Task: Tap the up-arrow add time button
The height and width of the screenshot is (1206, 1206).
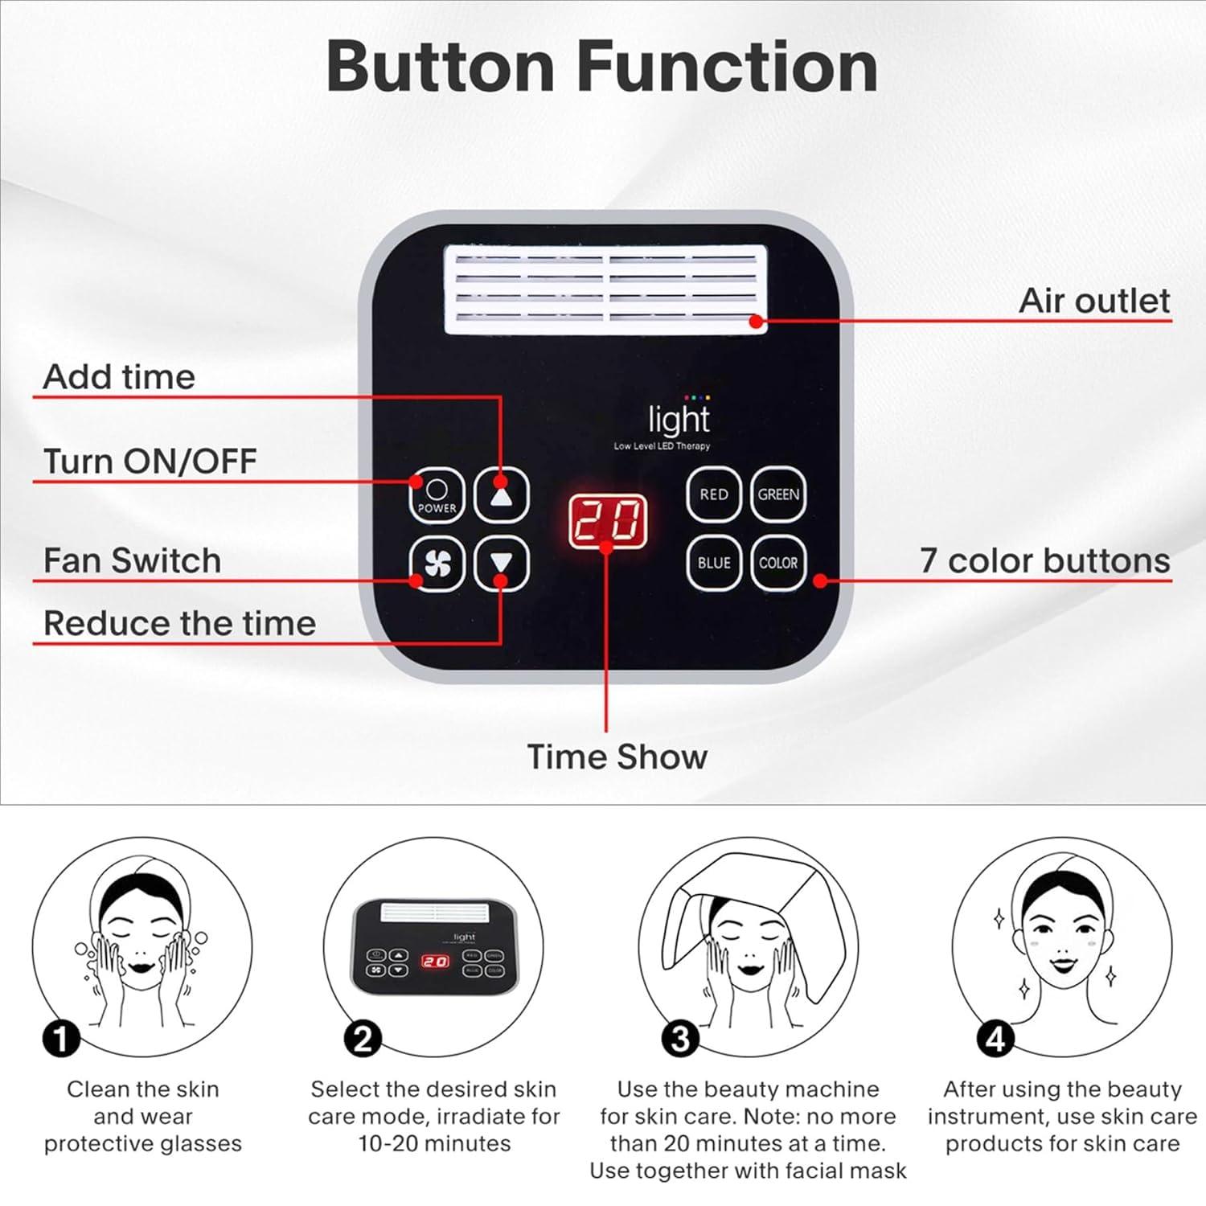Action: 501,495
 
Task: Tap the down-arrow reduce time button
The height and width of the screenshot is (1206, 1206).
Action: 501,563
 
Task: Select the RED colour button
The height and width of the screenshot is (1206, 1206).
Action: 713,494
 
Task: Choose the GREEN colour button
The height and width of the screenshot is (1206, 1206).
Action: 778,494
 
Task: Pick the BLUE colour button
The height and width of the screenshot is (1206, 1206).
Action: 713,563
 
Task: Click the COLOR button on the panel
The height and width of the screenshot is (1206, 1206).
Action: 778,563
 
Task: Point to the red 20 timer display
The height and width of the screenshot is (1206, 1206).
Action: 608,521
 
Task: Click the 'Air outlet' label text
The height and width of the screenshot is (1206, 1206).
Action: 1093,301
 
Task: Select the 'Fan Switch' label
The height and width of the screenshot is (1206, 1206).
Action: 132,560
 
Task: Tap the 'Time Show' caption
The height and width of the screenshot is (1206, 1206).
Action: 617,757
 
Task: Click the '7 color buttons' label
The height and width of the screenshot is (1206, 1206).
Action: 1044,560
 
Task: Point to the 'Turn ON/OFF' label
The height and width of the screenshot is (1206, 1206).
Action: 150,461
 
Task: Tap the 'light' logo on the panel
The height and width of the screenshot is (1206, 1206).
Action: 679,420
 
